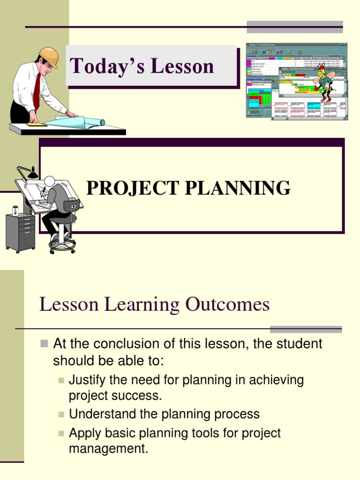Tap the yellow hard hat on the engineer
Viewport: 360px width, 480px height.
(x=49, y=56)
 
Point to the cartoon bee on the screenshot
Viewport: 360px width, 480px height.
(x=324, y=84)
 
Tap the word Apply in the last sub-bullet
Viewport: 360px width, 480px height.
(x=83, y=433)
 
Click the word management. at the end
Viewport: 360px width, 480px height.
(x=108, y=449)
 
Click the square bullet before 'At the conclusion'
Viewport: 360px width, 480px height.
(x=44, y=344)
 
